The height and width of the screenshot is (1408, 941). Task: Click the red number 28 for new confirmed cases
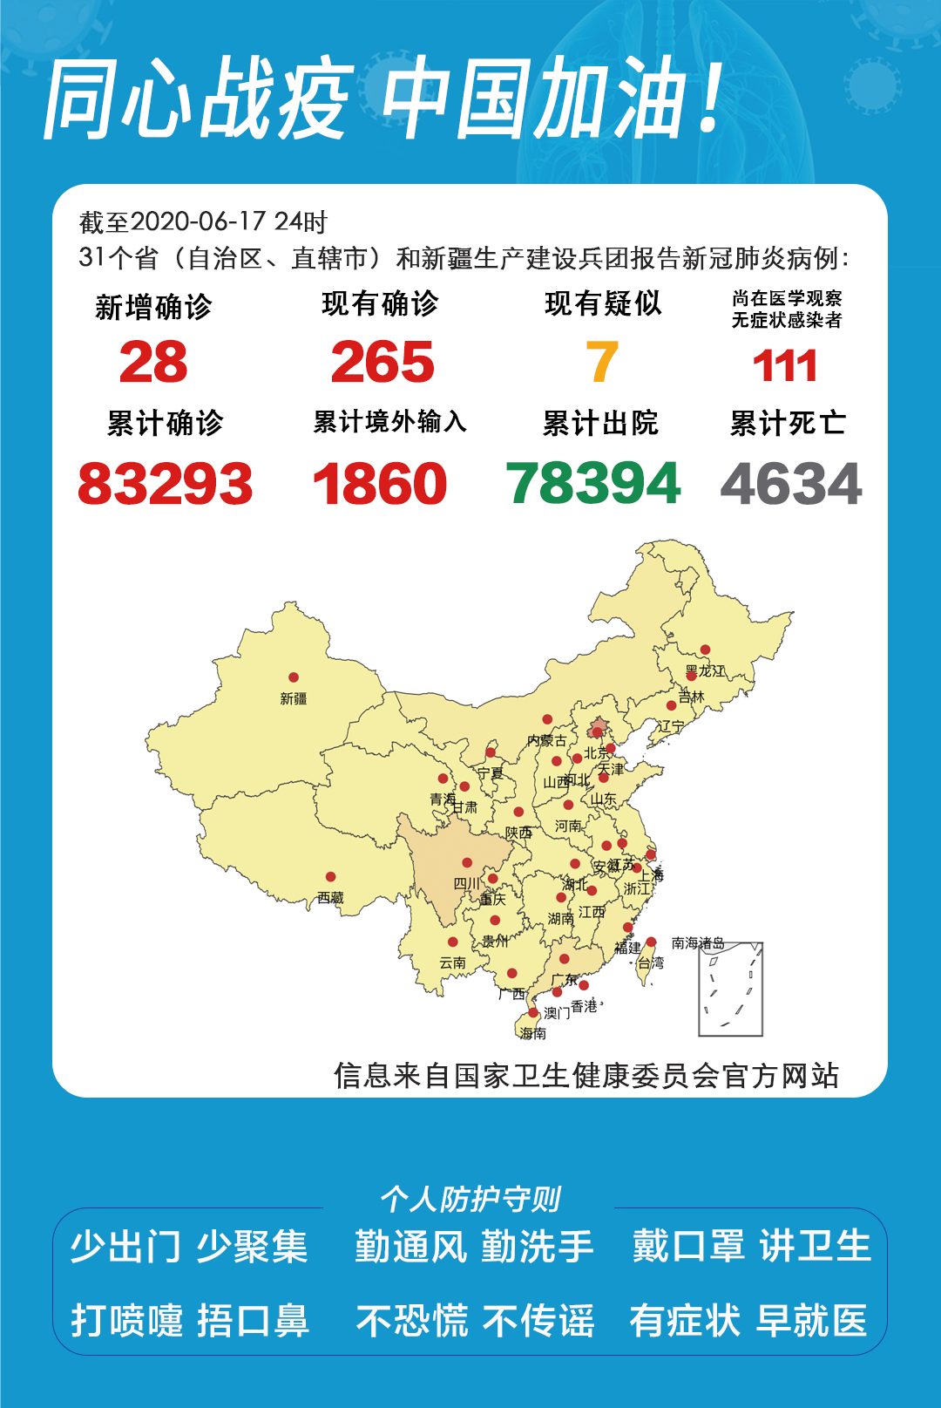[x=153, y=363]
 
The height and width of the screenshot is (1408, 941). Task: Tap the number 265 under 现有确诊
[x=382, y=363]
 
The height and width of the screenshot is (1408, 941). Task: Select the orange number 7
[x=602, y=363]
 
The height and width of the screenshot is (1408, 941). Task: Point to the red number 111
[x=785, y=366]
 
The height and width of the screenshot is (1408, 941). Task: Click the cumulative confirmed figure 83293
[x=166, y=484]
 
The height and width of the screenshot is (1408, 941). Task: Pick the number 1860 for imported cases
[x=380, y=484]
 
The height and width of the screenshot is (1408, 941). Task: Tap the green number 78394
[x=593, y=484]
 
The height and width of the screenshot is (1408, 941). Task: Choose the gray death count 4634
[x=791, y=484]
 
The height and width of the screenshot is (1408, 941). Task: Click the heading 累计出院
[x=600, y=424]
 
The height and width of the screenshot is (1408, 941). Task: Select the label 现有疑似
[x=603, y=303]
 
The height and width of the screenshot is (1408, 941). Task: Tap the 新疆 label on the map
[x=294, y=698]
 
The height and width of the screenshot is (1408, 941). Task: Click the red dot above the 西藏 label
[x=331, y=877]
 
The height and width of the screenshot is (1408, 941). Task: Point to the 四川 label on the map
[x=467, y=883]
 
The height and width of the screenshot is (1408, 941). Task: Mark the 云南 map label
[x=452, y=962]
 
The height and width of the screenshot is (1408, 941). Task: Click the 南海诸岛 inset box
[x=731, y=989]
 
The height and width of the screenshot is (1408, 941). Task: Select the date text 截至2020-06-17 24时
[x=203, y=222]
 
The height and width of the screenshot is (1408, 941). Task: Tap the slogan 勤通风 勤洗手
[x=474, y=1247]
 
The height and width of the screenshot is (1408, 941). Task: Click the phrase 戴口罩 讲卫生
[x=751, y=1246]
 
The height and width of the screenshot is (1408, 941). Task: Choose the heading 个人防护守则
[x=470, y=1200]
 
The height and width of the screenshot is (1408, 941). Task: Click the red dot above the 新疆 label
[x=294, y=677]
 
